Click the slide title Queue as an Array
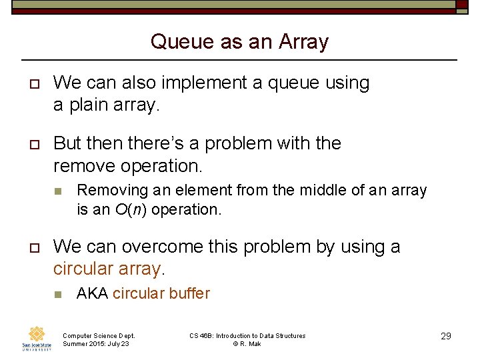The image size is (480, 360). [x=239, y=41]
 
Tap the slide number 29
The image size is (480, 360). [x=446, y=336]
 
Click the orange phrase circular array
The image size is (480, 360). [x=107, y=269]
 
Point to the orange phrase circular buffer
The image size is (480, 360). [x=161, y=293]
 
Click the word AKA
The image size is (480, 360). [x=92, y=293]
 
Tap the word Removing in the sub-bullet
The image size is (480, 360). [x=107, y=191]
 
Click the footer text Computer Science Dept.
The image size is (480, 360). [x=99, y=336]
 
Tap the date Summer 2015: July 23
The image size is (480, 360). [x=96, y=344]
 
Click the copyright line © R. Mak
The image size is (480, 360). [x=247, y=344]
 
